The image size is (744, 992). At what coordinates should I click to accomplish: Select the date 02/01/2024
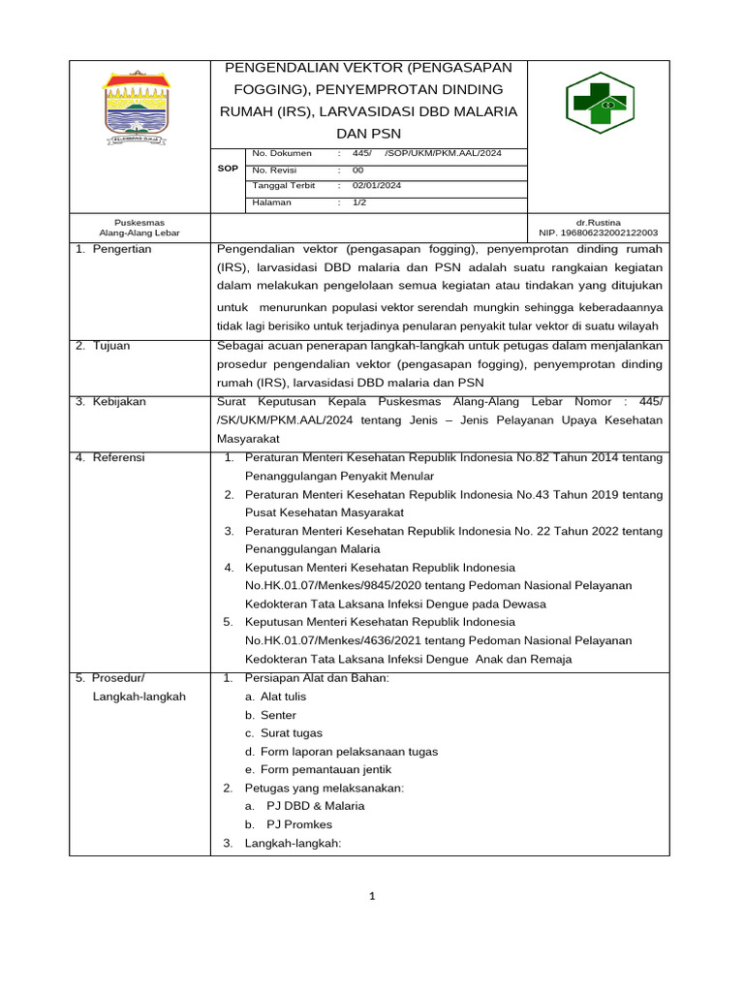(377, 186)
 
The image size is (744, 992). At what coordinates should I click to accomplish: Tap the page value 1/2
(359, 202)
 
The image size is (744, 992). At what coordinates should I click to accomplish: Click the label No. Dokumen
(282, 153)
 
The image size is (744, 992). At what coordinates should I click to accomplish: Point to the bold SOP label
(228, 169)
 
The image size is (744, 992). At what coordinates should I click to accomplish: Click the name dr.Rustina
(598, 222)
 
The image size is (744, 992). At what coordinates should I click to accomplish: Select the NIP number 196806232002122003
(598, 232)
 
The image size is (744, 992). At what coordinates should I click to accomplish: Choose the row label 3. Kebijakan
(110, 402)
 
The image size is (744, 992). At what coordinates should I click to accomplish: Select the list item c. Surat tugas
(284, 733)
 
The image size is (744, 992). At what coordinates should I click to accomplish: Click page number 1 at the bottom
(373, 897)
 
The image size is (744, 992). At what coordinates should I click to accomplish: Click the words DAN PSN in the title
(368, 133)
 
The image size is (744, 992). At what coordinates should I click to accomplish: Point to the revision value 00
(357, 170)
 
